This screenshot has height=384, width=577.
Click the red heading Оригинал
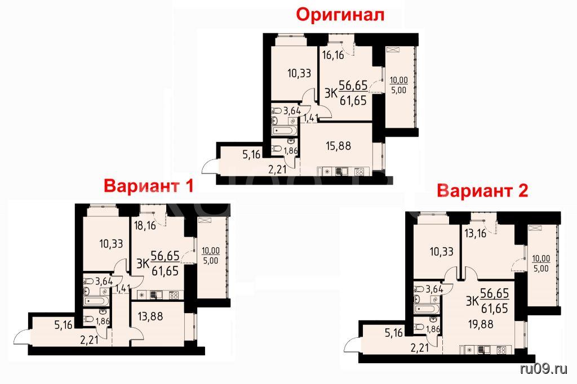[340, 15]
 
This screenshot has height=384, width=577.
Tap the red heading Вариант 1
[148, 186]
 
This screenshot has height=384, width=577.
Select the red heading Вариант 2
[482, 190]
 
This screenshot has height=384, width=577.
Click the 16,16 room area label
[333, 55]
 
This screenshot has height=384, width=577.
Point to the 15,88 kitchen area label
[339, 146]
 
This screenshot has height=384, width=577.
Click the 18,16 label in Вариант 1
[145, 225]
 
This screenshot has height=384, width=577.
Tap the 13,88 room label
[150, 316]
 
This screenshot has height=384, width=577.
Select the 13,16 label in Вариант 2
[475, 233]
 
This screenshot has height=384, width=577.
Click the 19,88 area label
[481, 324]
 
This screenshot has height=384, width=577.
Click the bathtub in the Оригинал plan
[283, 131]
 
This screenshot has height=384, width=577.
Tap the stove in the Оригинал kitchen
[359, 171]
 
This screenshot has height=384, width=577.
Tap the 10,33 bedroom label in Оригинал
[299, 73]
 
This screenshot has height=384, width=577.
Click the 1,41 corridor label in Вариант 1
[122, 289]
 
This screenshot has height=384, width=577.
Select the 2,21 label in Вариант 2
[420, 347]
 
